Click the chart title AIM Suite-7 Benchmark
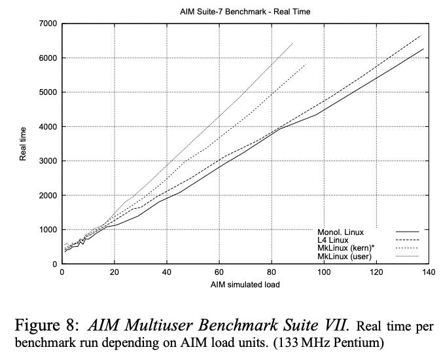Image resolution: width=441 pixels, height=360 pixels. coord(245,12)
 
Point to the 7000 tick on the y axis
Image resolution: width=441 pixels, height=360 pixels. coord(48,24)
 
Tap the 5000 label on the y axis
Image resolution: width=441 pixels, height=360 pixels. coord(48,92)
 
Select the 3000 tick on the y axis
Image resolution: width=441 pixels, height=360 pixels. coord(48,161)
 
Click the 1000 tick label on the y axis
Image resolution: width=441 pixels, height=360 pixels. coord(48,230)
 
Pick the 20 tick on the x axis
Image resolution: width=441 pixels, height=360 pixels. coord(115,273)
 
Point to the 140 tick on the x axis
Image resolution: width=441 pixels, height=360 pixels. coord(429,273)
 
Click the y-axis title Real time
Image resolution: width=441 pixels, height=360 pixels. coord(24,144)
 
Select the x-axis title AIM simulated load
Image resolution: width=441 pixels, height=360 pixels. coord(245,285)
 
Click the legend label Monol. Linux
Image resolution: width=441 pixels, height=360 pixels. coord(340,232)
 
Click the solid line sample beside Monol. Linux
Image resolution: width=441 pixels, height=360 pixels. coord(407,232)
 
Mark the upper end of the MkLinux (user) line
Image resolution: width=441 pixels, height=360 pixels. coord(292,43)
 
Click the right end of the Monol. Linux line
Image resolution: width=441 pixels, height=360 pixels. coord(423,49)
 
